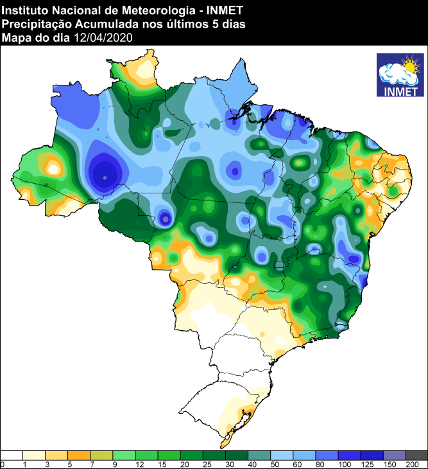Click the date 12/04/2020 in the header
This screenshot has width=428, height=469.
point(103,38)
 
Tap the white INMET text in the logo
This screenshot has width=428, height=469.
point(399,90)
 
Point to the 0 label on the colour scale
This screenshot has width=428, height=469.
point(3,464)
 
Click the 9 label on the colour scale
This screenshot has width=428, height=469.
point(114,464)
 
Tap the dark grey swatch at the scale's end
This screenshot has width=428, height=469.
point(416,455)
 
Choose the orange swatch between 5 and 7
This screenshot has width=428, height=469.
point(79,455)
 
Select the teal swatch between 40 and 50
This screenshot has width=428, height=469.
point(259,455)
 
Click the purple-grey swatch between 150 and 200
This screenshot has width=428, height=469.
point(394,455)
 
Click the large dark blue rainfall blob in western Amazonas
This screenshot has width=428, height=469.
point(105,172)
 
